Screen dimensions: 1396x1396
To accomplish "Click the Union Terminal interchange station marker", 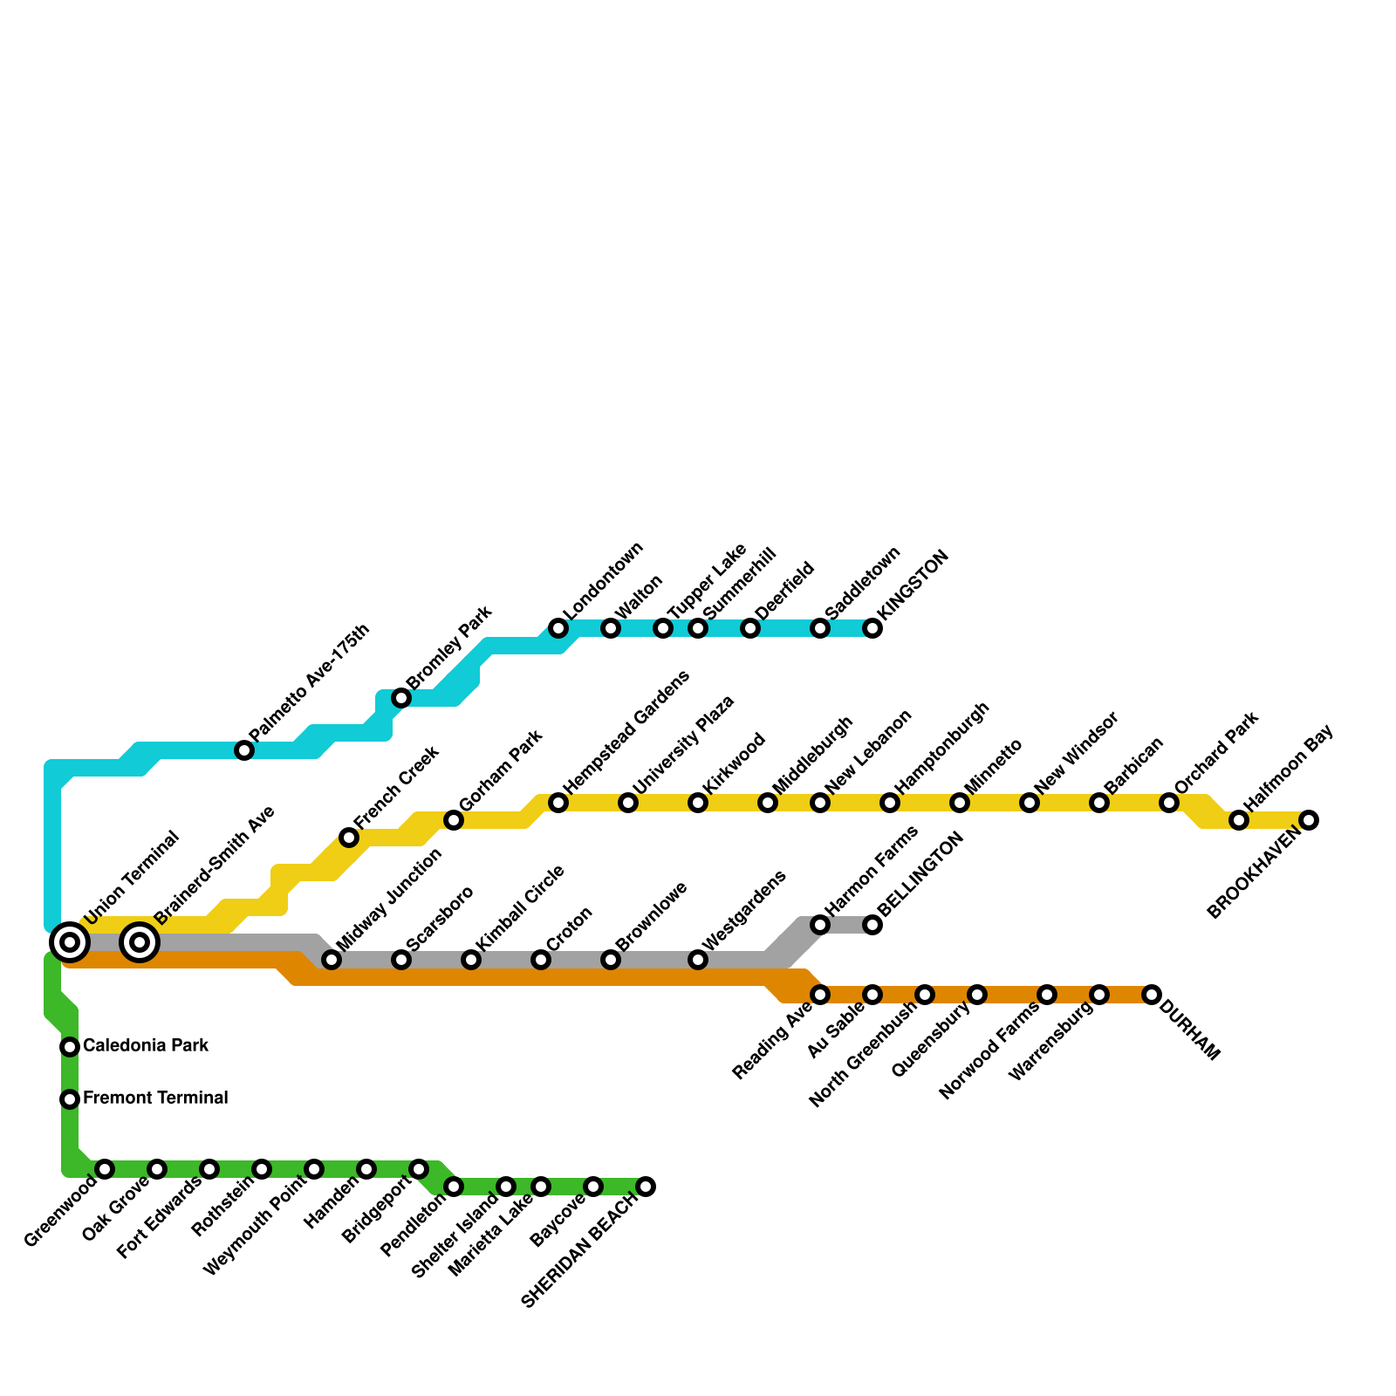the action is [x=70, y=942].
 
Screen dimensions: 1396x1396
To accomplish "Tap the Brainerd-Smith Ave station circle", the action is [x=140, y=942].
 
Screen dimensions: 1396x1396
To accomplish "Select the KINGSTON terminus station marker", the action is [x=872, y=628].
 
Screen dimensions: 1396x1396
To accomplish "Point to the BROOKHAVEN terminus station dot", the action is [x=1309, y=820].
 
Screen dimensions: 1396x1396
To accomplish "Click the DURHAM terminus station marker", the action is [x=1152, y=995].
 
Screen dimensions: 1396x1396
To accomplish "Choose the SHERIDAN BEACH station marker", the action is [x=646, y=1187].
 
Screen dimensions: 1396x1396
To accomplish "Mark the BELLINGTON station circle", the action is [x=872, y=925].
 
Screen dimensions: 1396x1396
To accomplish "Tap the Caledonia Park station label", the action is [x=145, y=1045].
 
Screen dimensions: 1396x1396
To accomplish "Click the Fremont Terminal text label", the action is [x=154, y=1098].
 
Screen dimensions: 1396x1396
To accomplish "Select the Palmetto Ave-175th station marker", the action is [x=244, y=750].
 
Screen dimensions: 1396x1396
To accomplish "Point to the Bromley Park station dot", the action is [x=401, y=698].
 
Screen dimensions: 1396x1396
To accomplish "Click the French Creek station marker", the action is [x=349, y=838].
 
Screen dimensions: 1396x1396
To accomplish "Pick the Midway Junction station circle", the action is [x=332, y=960].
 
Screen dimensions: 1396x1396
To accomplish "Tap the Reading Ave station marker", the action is [x=820, y=995].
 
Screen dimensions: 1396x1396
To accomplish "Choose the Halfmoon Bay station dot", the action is [x=1239, y=820].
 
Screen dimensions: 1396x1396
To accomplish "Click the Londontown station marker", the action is [x=558, y=628].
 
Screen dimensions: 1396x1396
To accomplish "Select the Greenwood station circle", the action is [x=105, y=1169].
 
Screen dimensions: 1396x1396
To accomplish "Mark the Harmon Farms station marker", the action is [x=820, y=925].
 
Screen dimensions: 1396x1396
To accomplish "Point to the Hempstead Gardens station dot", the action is [x=558, y=803].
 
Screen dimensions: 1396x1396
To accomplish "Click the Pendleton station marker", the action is [x=454, y=1187].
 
